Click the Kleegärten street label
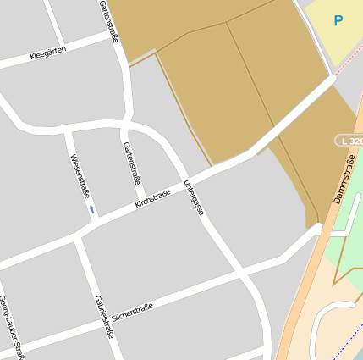click(47, 55)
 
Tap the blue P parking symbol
click(338, 20)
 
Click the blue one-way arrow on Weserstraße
click(91, 208)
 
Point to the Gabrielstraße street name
click(105, 316)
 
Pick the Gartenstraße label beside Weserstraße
click(132, 163)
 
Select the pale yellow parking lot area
click(334, 34)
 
